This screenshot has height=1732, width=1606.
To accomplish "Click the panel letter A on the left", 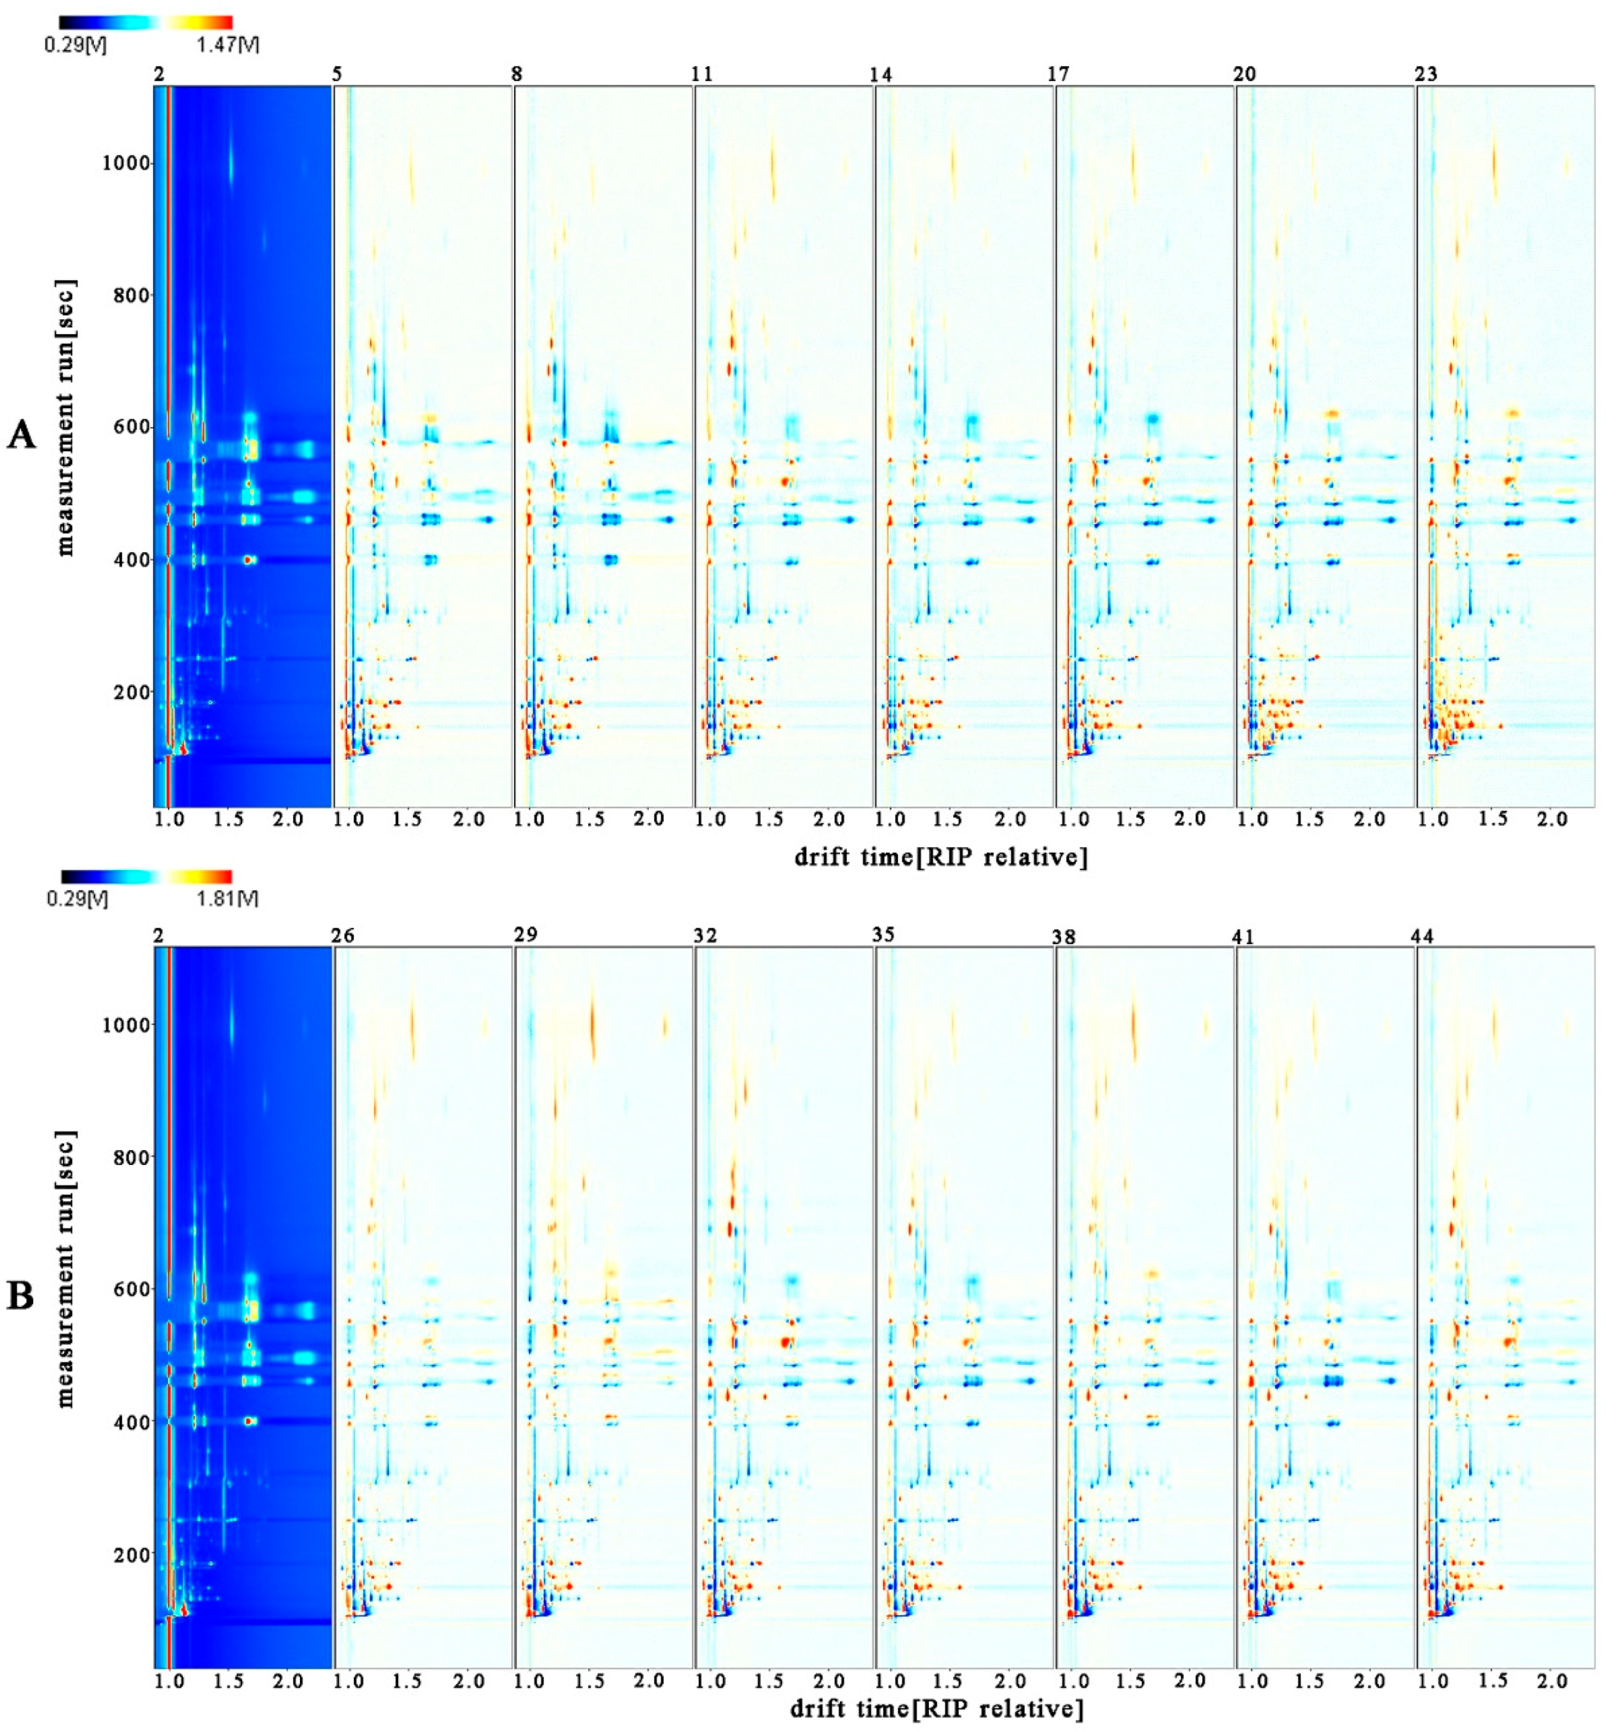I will click(21, 434).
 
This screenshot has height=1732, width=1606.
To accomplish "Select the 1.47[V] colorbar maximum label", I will click(228, 44).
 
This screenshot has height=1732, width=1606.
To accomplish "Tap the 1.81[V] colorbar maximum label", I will click(228, 897).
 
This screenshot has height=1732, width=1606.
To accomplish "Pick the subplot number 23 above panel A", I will click(1426, 74).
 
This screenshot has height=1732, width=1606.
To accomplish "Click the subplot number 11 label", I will click(702, 74).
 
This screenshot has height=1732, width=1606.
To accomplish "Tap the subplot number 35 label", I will click(884, 935).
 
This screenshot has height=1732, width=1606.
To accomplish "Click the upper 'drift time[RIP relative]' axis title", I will click(940, 857).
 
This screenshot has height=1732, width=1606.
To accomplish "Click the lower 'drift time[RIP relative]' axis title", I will click(937, 1709).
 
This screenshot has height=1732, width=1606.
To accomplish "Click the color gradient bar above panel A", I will click(145, 23).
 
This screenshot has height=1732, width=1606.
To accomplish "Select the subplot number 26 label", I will click(343, 936).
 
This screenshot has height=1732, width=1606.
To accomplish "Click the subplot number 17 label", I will click(1058, 74).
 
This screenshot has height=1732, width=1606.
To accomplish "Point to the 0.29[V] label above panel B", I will click(78, 897).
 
